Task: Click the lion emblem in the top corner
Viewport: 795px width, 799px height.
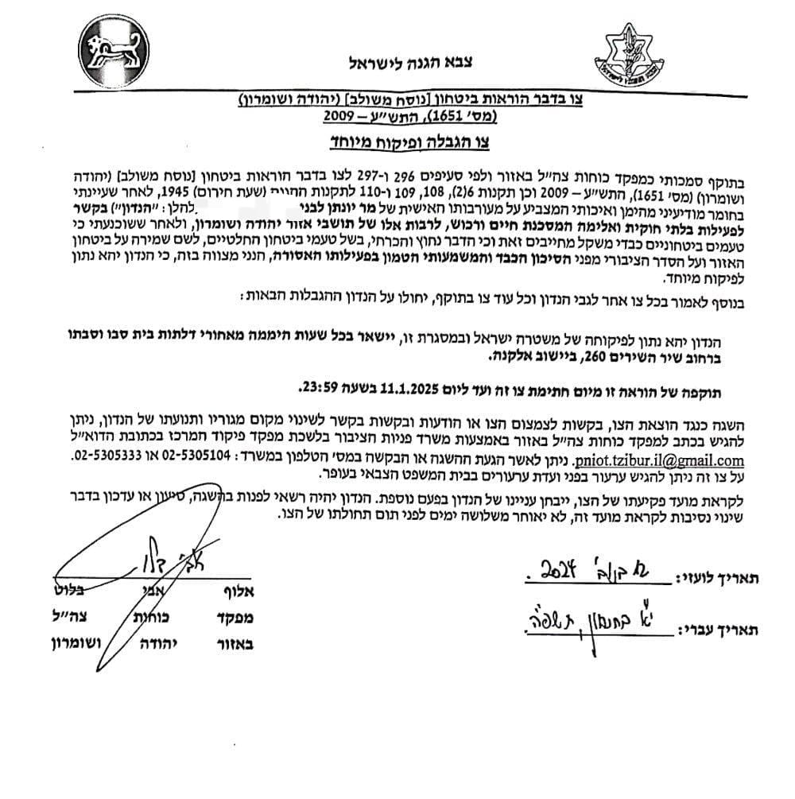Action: pos(112,48)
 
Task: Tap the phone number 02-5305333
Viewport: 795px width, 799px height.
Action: pos(101,460)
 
